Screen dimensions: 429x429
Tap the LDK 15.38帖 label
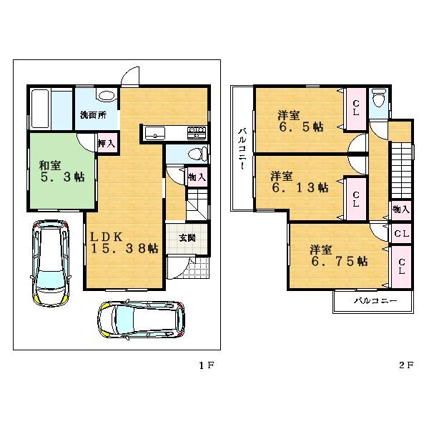click(123, 242)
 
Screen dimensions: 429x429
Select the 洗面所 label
click(92, 115)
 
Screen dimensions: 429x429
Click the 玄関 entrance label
click(187, 237)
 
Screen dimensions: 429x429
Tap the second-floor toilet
click(379, 99)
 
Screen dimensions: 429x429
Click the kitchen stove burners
click(197, 132)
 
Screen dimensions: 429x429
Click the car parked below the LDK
click(141, 319)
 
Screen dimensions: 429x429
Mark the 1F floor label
click(206, 365)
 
